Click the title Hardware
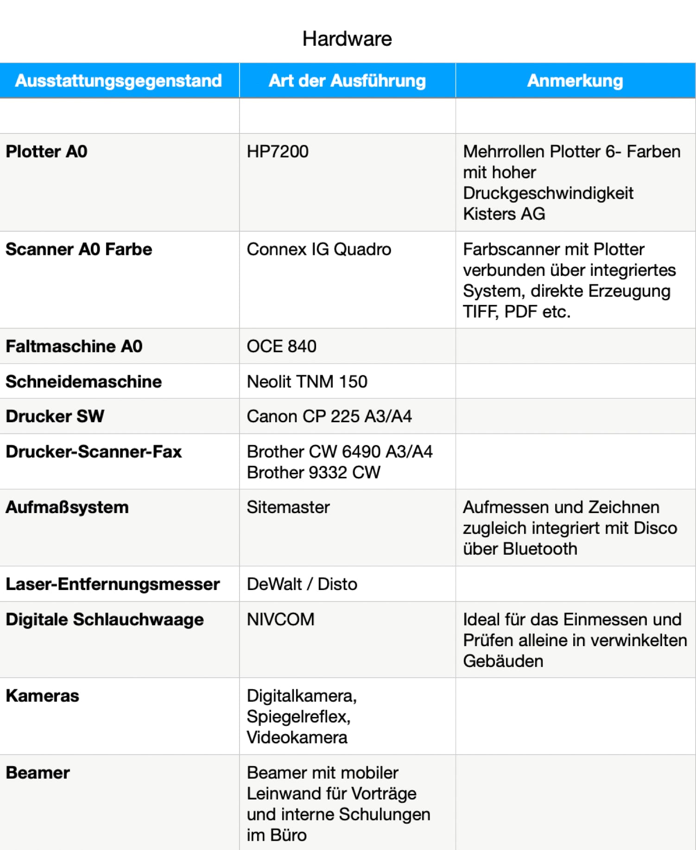pyautogui.click(x=347, y=39)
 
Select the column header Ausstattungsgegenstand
pyautogui.click(x=119, y=81)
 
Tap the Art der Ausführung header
pyautogui.click(x=347, y=81)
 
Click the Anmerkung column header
pyautogui.click(x=575, y=81)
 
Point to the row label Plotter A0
pyautogui.click(x=46, y=152)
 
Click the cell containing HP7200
pyautogui.click(x=278, y=152)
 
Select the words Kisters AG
pyautogui.click(x=504, y=214)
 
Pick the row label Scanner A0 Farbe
pyautogui.click(x=79, y=249)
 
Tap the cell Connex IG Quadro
pyautogui.click(x=319, y=249)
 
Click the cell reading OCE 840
pyautogui.click(x=281, y=346)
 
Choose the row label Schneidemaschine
pyautogui.click(x=83, y=381)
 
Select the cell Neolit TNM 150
pyautogui.click(x=307, y=381)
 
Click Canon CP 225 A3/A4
pyautogui.click(x=329, y=416)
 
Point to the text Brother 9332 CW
pyautogui.click(x=313, y=472)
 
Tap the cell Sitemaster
pyautogui.click(x=288, y=507)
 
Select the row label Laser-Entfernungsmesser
pyautogui.click(x=113, y=584)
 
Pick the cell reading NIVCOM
pyautogui.click(x=280, y=619)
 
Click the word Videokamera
pyautogui.click(x=297, y=737)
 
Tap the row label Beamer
pyautogui.click(x=38, y=773)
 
